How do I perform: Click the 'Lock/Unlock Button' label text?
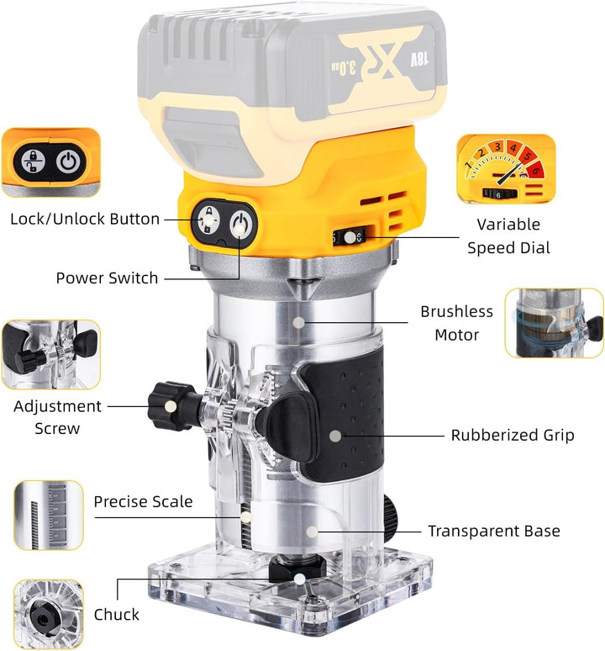coord(85,219)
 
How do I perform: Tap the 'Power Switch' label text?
coord(107,278)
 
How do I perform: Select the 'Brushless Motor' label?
coord(456,323)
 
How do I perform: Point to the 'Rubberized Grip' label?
coord(513,435)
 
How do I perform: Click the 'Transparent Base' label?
coord(494,531)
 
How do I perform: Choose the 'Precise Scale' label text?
coord(143,501)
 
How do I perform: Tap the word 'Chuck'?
coord(117,615)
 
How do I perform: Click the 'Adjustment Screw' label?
coord(57,417)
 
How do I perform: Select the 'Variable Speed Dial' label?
coord(508,236)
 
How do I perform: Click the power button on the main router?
coord(239,225)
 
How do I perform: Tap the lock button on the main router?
coord(208,219)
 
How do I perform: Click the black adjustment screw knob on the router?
coord(170,406)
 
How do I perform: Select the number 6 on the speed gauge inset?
coord(536,169)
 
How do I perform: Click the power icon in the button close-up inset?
coord(68,161)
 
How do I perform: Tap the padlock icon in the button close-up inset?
coord(33,161)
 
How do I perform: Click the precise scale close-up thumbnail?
coord(49,515)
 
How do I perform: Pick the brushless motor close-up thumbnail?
coord(554,323)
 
